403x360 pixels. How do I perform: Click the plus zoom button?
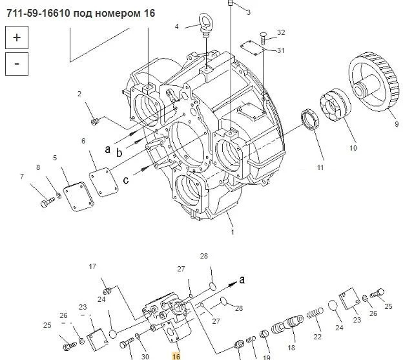tap(17, 37)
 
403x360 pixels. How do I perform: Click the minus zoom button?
tap(17, 64)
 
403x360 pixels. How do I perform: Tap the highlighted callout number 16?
tap(176, 356)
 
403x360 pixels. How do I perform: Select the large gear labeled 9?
tap(374, 81)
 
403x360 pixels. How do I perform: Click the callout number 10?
tap(353, 148)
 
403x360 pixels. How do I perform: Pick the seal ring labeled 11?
tap(310, 120)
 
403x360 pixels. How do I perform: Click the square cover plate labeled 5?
tap(79, 196)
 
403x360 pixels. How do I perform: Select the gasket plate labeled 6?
tap(103, 182)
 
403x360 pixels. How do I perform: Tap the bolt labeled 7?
tap(48, 202)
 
